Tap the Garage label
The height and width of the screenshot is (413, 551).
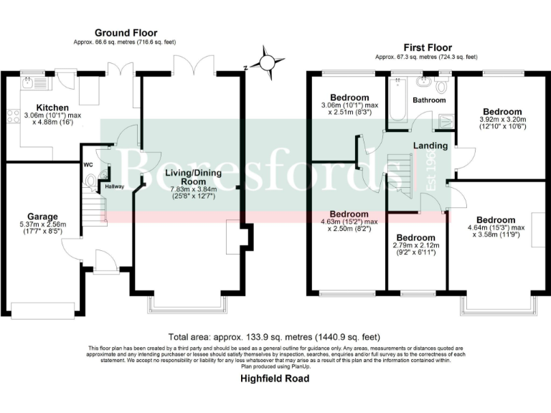pyautogui.click(x=42, y=216)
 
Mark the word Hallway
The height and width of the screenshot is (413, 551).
pyautogui.click(x=114, y=186)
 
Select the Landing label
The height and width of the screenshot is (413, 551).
pyautogui.click(x=430, y=146)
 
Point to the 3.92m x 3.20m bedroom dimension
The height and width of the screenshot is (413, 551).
pyautogui.click(x=501, y=123)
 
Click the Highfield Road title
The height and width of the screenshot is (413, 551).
pyautogui.click(x=275, y=378)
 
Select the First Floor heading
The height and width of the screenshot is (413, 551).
pyautogui.click(x=427, y=44)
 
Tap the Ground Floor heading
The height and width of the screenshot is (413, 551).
pyautogui.click(x=126, y=33)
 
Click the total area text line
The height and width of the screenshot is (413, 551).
pyautogui.click(x=275, y=336)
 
